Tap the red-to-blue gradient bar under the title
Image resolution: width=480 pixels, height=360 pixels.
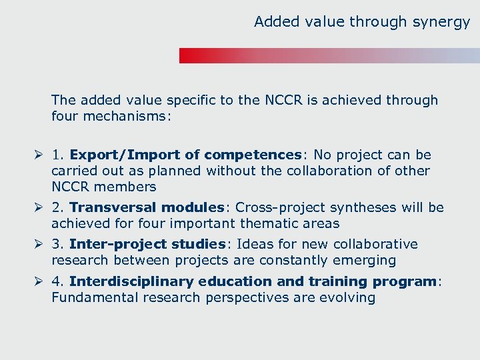(329, 55)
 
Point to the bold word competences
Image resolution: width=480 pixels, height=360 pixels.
(253, 155)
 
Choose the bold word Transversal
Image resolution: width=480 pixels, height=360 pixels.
(111, 207)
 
